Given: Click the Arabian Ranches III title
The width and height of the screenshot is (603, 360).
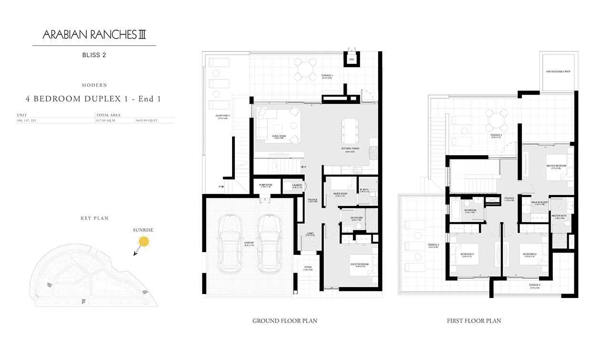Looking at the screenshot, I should (x=94, y=35).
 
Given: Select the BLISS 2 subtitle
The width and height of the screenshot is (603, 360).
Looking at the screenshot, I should (x=94, y=55).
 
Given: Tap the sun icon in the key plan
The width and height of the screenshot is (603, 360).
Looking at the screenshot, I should (x=143, y=242).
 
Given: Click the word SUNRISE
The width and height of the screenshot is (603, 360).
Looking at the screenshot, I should (x=143, y=230).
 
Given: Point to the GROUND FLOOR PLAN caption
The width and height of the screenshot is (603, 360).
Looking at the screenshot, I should (x=285, y=321).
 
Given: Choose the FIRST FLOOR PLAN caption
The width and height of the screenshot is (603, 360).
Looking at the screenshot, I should (x=474, y=321).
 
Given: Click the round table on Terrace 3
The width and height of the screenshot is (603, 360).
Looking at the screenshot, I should (x=497, y=121).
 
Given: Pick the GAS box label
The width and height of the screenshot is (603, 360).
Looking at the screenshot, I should (x=351, y=60).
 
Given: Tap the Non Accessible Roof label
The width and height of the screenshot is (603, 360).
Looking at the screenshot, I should (x=558, y=72).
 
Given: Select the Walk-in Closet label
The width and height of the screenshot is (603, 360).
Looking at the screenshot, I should (x=536, y=202).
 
